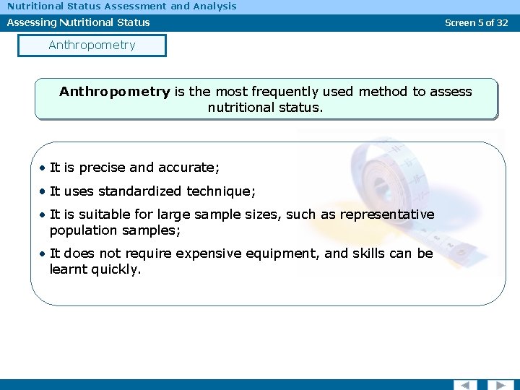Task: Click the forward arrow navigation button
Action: coord(500,384)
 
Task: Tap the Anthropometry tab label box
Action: coord(92,45)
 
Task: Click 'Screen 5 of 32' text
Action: coord(476,22)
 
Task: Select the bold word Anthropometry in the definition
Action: coord(115,92)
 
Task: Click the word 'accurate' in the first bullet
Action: coord(191,168)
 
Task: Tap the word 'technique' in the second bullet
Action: coord(220,191)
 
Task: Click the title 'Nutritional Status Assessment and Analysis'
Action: coord(122,6)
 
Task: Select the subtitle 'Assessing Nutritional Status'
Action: coord(79,22)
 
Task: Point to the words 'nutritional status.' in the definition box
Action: coord(265,108)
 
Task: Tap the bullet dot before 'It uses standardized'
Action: coord(43,191)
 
